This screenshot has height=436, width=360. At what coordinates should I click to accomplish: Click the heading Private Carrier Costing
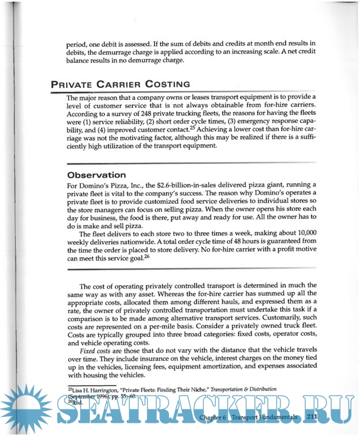point(120,84)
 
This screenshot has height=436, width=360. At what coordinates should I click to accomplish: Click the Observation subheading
point(96,174)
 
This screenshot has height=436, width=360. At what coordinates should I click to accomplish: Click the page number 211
point(313,416)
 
